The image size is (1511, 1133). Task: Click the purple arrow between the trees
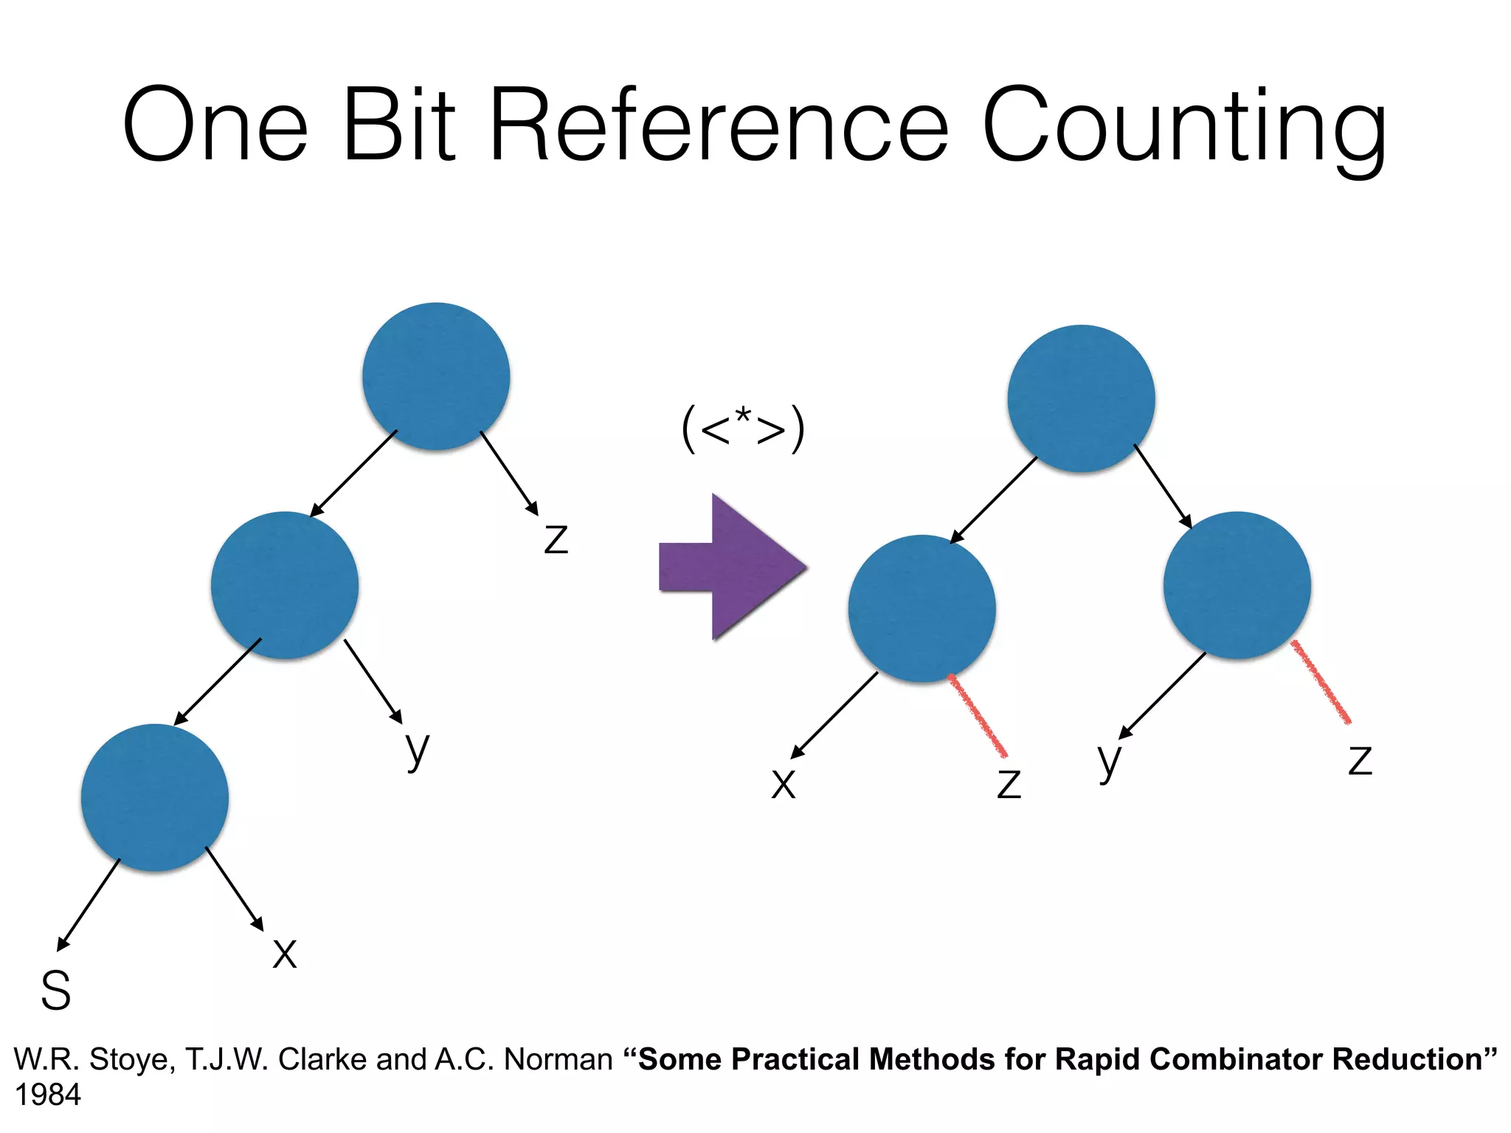[x=733, y=567]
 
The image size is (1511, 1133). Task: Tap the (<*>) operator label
[x=743, y=428]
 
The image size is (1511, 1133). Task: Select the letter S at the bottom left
[x=56, y=990]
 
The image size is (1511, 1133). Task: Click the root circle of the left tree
[x=436, y=376]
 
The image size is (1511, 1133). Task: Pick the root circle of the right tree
[x=1081, y=398]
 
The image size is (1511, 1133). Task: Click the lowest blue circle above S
[x=155, y=797]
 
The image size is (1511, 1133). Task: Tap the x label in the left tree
[x=285, y=952]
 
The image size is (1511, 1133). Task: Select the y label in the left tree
[x=418, y=749]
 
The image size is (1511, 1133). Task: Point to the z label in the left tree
[x=556, y=538]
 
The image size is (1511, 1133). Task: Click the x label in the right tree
[x=784, y=784]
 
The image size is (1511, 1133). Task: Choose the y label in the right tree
[x=1109, y=761]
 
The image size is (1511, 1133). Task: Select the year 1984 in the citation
[x=48, y=1095]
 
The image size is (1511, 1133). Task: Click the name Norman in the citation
[x=558, y=1060]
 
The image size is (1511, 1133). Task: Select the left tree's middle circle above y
[x=285, y=585]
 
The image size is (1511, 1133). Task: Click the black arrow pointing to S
[x=89, y=905]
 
